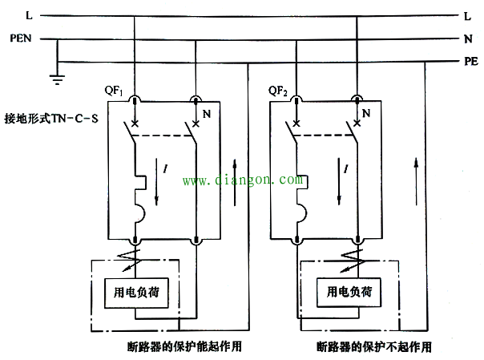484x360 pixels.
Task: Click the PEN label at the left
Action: pyautogui.click(x=21, y=38)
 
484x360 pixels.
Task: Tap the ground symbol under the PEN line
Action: pyautogui.click(x=57, y=79)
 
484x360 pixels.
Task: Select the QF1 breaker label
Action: pyautogui.click(x=114, y=91)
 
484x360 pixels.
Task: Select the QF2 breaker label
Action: pyautogui.click(x=278, y=91)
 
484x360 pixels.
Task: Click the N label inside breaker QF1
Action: pyautogui.click(x=207, y=114)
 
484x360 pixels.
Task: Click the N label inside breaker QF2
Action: pyautogui.click(x=366, y=113)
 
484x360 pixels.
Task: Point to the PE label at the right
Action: pyautogui.click(x=471, y=61)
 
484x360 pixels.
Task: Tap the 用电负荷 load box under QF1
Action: pyautogui.click(x=136, y=293)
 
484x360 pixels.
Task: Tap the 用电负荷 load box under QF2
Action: pyautogui.click(x=349, y=292)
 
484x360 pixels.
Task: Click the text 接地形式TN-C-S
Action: pyautogui.click(x=51, y=119)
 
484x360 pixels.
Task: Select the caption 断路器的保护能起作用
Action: pyautogui.click(x=184, y=346)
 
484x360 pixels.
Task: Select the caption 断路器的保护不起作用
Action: pyautogui.click(x=374, y=346)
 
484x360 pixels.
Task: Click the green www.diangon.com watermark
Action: pyautogui.click(x=243, y=180)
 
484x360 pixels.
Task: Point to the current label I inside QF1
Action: pyautogui.click(x=166, y=168)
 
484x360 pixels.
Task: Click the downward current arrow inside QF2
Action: pyautogui.click(x=339, y=181)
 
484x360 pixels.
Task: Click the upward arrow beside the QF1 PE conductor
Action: pyautogui.click(x=235, y=182)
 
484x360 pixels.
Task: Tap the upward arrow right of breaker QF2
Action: pyautogui.click(x=417, y=181)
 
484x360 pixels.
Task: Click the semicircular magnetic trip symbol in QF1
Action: pyautogui.click(x=140, y=212)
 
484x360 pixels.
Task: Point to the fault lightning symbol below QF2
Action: pyautogui.click(x=353, y=261)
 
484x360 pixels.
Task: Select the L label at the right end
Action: pyautogui.click(x=468, y=16)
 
